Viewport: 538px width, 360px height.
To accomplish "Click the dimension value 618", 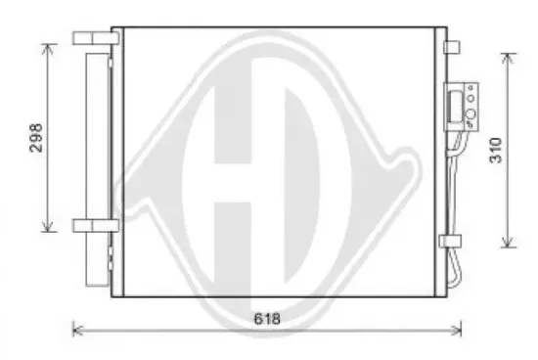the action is tap(267, 319).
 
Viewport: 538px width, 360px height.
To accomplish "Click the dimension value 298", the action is tap(36, 138).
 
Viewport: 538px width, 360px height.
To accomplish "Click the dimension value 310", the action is tap(496, 150).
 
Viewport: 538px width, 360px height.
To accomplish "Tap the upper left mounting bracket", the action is tap(96, 38).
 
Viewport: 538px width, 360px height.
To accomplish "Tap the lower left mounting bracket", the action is tap(96, 225).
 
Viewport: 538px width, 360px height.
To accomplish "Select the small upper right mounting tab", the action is tap(452, 47).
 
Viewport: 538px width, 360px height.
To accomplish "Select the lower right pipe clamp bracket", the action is tap(451, 242).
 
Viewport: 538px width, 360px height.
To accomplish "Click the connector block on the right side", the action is tap(462, 107).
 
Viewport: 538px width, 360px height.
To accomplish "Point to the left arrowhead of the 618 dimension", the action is tap(77, 331).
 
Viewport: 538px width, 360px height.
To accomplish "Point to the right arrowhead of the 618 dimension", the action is tap(457, 331).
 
